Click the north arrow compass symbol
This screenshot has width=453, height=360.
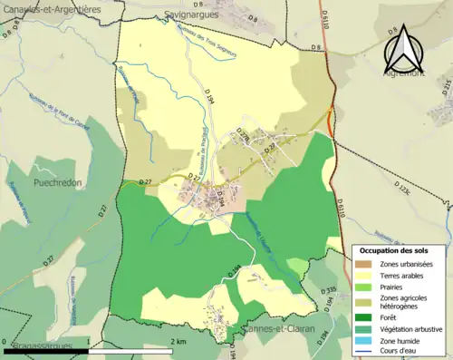coord(405,50)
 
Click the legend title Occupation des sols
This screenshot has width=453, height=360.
coord(393,249)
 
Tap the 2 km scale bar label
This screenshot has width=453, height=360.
coord(178,341)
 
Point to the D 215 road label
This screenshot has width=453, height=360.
coord(446,87)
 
